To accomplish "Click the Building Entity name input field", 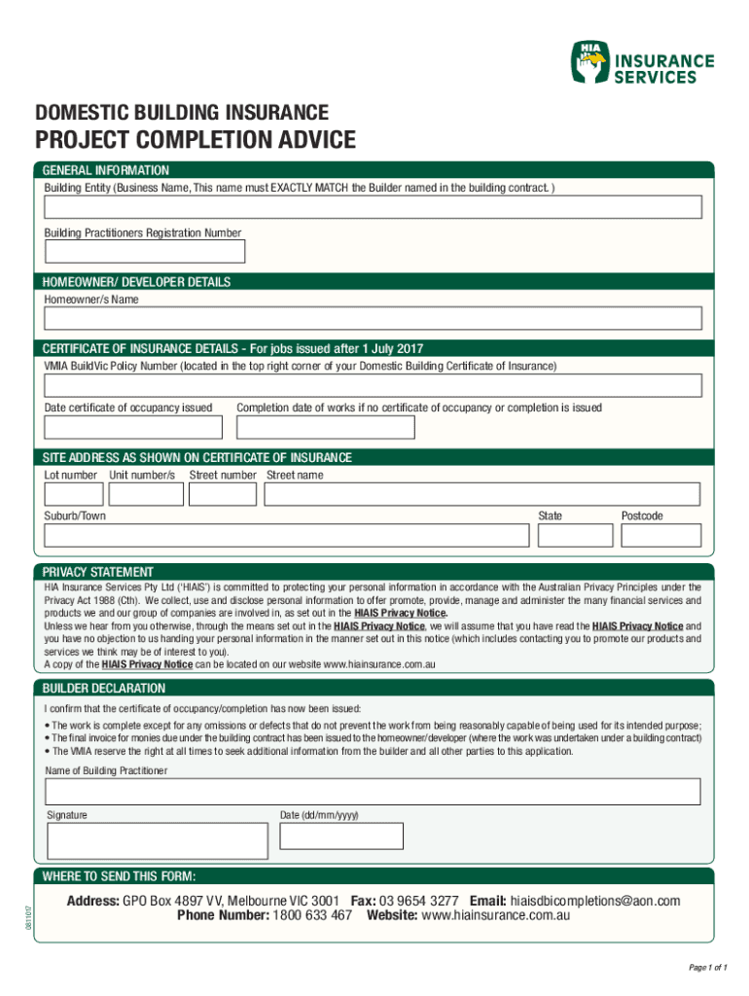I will pos(373,208).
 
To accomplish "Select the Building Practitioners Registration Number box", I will pos(144,252).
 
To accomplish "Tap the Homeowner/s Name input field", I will pos(373,319).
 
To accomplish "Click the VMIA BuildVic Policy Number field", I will pos(373,386).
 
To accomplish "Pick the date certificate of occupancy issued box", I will pos(133,428).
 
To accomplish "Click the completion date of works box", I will pos(325,428).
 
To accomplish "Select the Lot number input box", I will pos(73,494).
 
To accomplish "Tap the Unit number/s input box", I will pos(146,494).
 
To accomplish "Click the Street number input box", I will pos(223,494).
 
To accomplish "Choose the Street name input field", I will pos(482,494).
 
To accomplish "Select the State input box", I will pos(575,535).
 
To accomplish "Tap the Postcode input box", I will pos(660,535).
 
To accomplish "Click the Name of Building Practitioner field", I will pos(373,792).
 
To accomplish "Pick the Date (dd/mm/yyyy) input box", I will pos(341,836).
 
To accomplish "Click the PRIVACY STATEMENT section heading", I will pos(97,572).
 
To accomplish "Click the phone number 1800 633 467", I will pos(312,916).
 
